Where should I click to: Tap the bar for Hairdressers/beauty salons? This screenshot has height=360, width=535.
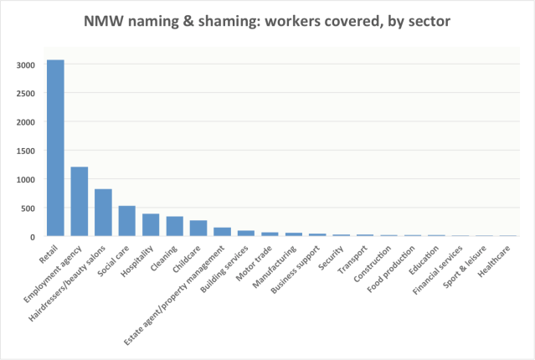pyautogui.click(x=103, y=213)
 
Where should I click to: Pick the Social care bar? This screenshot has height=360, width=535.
pyautogui.click(x=127, y=221)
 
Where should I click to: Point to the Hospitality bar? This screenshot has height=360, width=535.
pyautogui.click(x=151, y=225)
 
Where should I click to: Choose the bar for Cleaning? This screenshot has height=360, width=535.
pyautogui.click(x=175, y=227)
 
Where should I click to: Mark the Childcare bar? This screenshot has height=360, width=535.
pyautogui.click(x=198, y=229)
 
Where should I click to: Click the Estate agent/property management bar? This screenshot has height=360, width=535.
pyautogui.click(x=223, y=232)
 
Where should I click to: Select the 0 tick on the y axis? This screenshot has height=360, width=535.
pyautogui.click(x=31, y=237)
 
